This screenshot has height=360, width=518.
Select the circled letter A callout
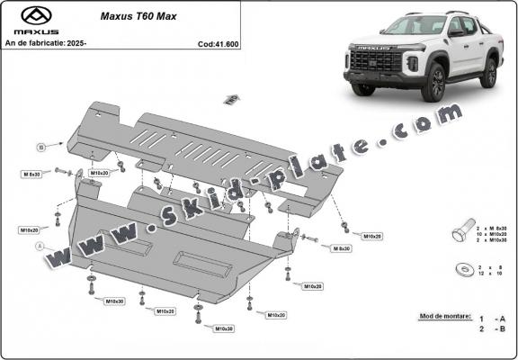38,246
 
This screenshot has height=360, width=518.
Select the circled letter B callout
40,147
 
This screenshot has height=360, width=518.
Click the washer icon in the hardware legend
462,268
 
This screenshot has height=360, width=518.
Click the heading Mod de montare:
445,318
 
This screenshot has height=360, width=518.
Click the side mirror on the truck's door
456,33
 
